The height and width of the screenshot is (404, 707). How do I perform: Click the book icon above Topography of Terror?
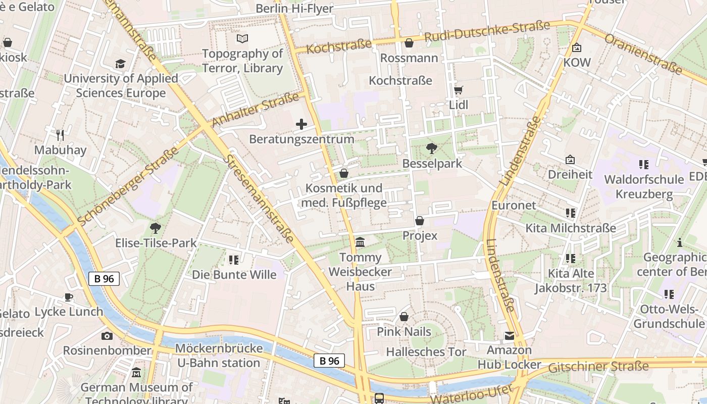(242, 38)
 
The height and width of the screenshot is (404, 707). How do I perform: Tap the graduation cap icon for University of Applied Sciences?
(120, 64)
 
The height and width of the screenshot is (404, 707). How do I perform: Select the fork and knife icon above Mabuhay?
(60, 135)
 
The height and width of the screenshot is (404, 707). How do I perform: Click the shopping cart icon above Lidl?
(459, 90)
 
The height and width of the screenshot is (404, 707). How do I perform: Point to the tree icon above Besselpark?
(432, 148)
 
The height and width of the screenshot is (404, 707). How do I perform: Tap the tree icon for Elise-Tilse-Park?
(156, 228)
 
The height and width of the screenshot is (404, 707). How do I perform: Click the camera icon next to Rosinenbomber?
(107, 336)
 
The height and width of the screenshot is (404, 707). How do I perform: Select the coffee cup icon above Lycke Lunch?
(68, 297)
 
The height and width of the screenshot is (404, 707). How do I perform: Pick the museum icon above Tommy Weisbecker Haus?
(360, 242)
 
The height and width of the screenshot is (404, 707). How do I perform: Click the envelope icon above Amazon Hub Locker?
(509, 335)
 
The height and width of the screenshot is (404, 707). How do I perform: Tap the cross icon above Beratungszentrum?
(301, 124)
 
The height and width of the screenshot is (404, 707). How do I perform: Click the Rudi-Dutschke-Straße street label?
(487, 32)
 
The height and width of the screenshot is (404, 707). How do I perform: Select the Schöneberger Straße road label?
(128, 186)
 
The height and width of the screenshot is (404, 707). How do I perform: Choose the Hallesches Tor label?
(426, 352)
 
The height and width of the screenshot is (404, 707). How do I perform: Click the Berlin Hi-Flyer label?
(294, 9)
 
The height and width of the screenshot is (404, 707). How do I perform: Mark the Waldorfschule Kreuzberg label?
(644, 187)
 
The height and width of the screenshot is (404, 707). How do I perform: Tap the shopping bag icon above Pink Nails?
(404, 317)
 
